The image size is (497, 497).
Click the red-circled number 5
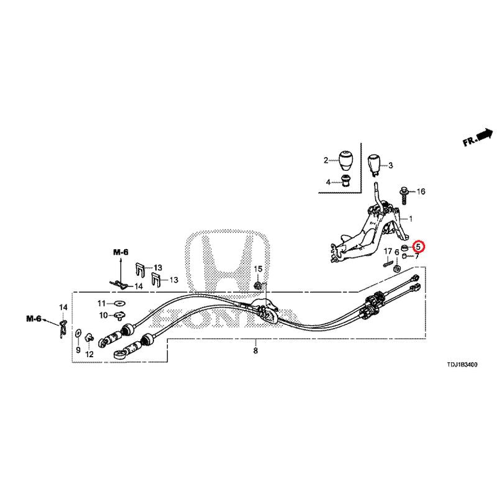[419, 246]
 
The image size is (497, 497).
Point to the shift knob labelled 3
[373, 165]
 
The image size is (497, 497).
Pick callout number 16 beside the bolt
[421, 191]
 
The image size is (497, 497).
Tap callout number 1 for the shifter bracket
[410, 219]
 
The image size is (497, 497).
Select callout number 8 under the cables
[255, 351]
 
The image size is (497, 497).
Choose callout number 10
[102, 316]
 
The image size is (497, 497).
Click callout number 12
[89, 354]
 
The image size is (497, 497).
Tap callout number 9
[78, 350]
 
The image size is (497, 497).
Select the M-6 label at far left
[34, 319]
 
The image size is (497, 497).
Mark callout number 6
[396, 252]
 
